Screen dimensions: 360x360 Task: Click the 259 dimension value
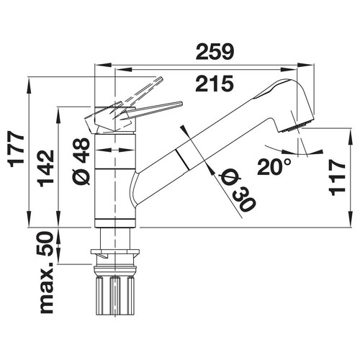(x=215, y=51)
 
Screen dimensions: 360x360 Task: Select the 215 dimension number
(x=215, y=84)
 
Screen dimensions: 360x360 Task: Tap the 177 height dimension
(x=17, y=149)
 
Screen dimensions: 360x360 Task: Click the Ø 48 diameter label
(x=81, y=161)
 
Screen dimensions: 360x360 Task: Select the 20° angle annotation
(x=274, y=167)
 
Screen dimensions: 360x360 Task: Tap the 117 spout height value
(x=337, y=178)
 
